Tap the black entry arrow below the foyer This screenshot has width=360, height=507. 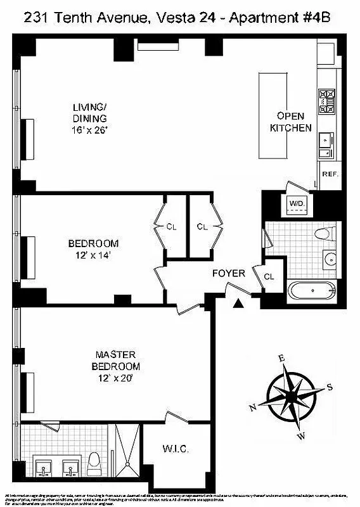click(x=238, y=305)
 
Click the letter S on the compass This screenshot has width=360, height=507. click(x=329, y=387)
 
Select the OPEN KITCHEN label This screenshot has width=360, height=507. click(x=290, y=122)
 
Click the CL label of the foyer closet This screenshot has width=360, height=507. click(x=269, y=276)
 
